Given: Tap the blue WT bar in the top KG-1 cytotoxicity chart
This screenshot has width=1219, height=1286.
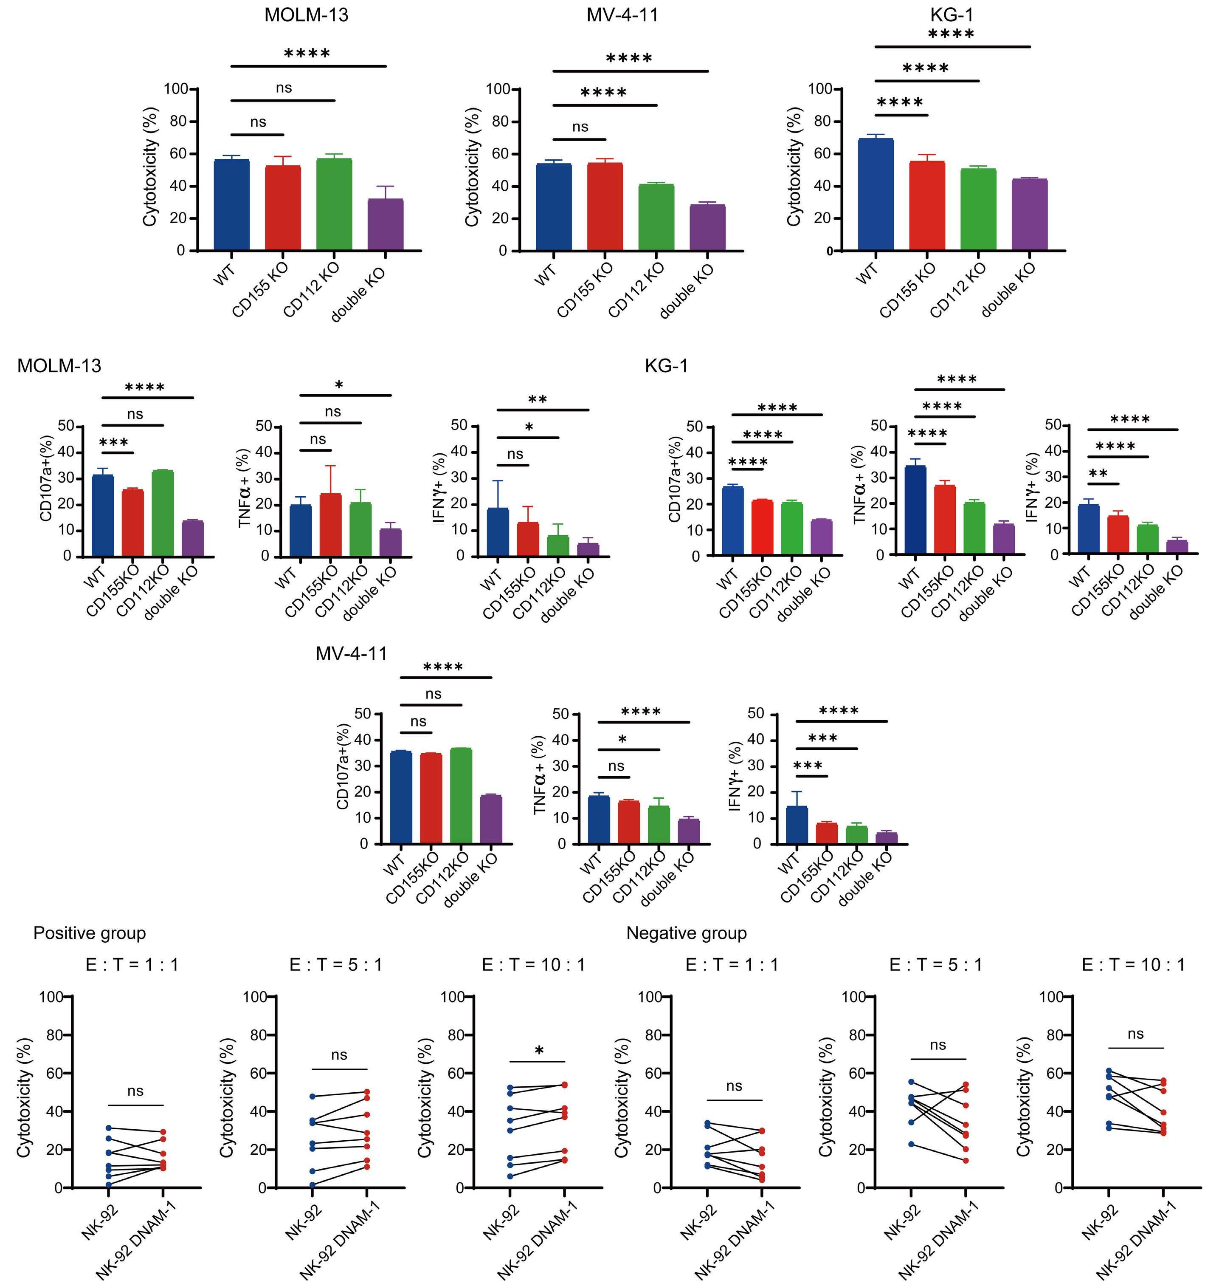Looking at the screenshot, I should [x=875, y=195].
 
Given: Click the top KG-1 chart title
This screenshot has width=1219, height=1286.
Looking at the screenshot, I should [x=951, y=14].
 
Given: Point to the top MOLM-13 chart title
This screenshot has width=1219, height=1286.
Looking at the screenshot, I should [x=306, y=15].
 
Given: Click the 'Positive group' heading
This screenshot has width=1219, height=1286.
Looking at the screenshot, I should [x=90, y=933].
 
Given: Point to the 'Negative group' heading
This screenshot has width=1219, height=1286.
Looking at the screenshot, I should [x=686, y=933].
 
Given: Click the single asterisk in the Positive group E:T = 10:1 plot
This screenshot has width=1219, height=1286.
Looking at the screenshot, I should [x=539, y=1051].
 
